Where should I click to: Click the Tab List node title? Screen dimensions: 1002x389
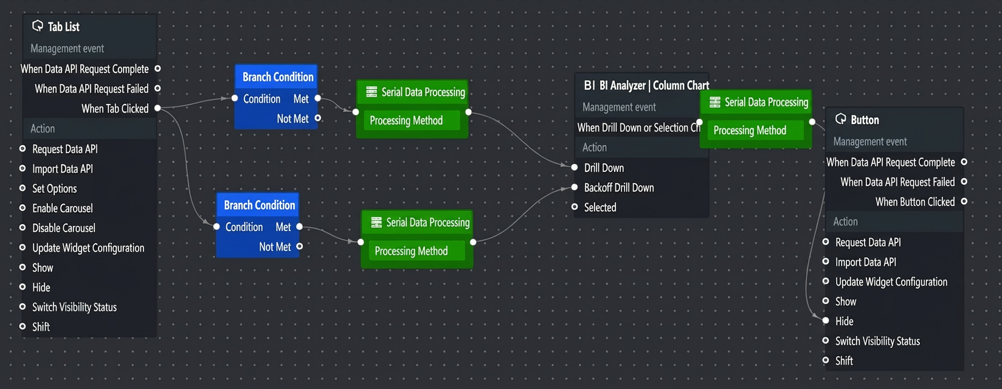tap(63, 27)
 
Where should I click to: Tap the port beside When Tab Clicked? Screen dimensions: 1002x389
tap(157, 108)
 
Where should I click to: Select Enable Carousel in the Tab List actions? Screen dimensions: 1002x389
tap(63, 208)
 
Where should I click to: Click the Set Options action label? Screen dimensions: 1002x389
tap(55, 188)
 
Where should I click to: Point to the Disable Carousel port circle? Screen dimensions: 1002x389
tap(22, 227)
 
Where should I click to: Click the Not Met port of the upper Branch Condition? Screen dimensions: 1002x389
tap(317, 118)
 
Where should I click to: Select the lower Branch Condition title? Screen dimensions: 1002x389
tap(260, 205)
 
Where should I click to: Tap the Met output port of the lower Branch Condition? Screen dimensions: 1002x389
tap(299, 227)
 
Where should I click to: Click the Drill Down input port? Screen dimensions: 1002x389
tap(575, 167)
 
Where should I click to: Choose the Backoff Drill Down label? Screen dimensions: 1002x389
tap(619, 188)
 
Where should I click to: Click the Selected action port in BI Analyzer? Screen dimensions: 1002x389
tap(575, 207)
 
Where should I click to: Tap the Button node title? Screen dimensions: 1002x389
tap(865, 120)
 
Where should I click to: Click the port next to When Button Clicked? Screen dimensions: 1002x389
tap(964, 202)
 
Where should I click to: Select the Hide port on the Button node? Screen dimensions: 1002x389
tap(826, 320)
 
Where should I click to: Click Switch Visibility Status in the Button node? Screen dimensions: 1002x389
tap(877, 341)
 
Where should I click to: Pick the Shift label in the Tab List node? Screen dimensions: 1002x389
tap(41, 327)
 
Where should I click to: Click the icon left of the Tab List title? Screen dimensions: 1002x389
tap(38, 26)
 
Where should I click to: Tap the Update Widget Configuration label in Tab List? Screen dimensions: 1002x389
tap(88, 248)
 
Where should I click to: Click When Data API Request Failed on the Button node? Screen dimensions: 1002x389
tap(897, 182)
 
